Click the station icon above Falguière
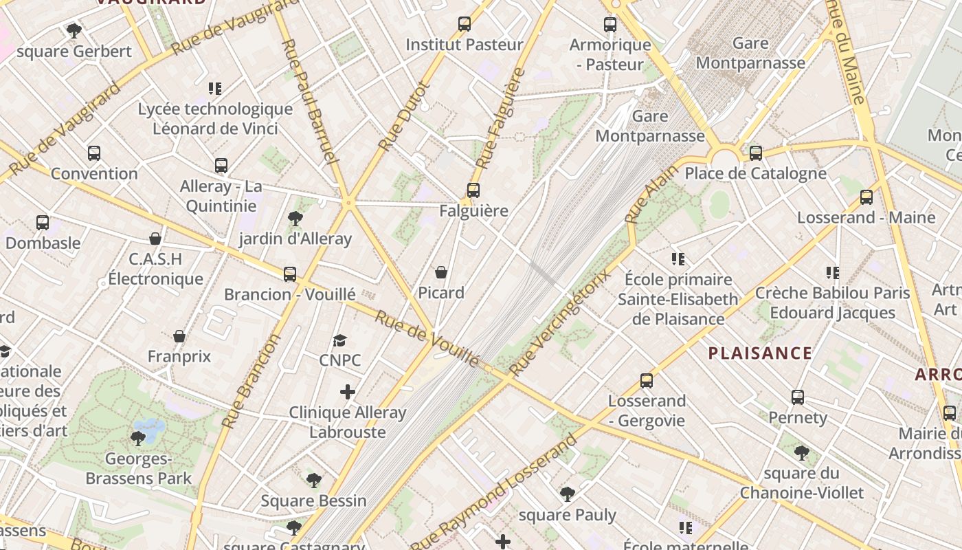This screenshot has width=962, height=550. (x=473, y=190)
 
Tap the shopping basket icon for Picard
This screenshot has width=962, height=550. (x=441, y=272)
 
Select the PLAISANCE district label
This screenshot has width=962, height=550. (x=760, y=353)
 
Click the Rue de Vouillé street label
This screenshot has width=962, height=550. (x=427, y=338)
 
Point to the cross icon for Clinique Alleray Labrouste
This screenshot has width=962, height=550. (x=348, y=392)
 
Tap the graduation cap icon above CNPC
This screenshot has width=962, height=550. (x=339, y=340)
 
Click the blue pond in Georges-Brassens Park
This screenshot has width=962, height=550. (x=149, y=429)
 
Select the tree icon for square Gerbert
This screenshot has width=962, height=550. (x=74, y=31)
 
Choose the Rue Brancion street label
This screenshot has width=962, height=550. (x=252, y=381)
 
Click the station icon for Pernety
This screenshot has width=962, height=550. (x=797, y=397)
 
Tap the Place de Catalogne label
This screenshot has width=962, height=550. (x=755, y=173)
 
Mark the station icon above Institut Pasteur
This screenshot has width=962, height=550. (x=465, y=24)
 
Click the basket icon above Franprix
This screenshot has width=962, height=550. (x=179, y=336)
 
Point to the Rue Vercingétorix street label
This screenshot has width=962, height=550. (x=560, y=323)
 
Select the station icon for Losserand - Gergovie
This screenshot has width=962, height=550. (x=646, y=380)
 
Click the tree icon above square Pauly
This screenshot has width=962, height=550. (x=567, y=494)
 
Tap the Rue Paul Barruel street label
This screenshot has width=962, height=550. (x=311, y=102)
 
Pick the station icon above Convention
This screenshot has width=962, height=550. (x=94, y=153)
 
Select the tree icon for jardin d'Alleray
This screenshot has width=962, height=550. (x=295, y=219)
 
